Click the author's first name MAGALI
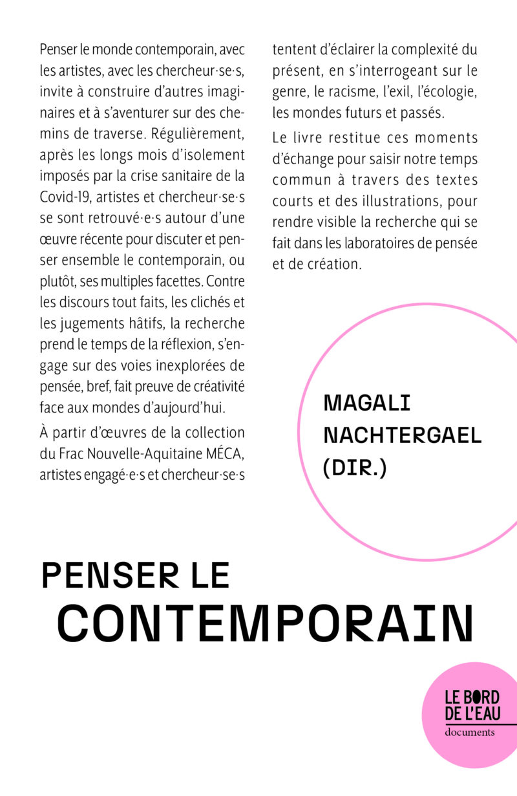tap(367, 403)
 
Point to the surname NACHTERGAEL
tap(402, 435)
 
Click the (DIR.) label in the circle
tap(354, 468)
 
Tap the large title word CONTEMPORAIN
tap(265, 622)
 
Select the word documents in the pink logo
tap(470, 732)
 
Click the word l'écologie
tap(446, 92)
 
